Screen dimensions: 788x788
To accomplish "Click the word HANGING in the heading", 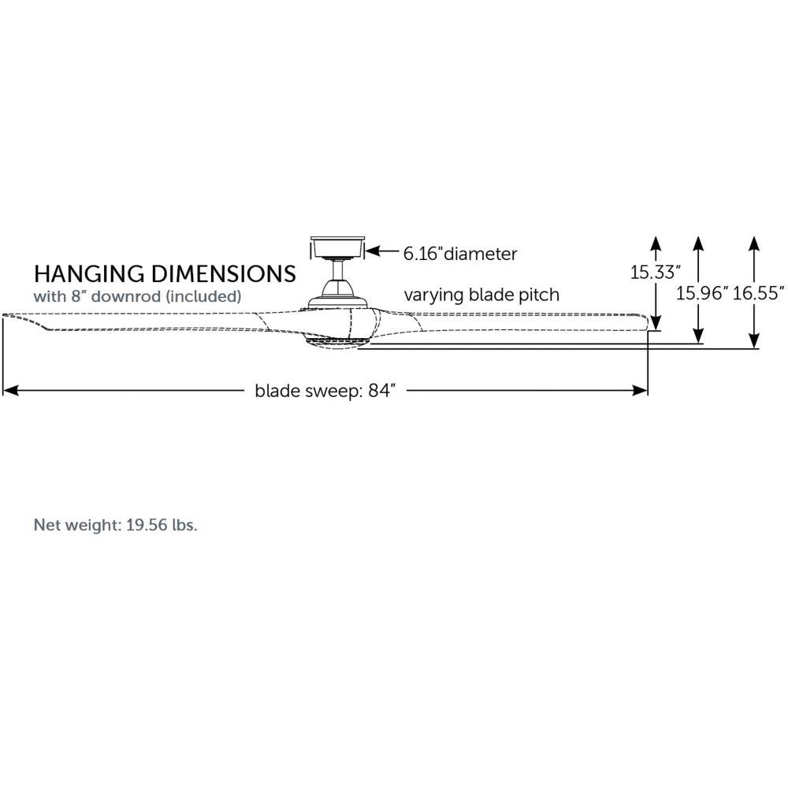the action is [90, 274].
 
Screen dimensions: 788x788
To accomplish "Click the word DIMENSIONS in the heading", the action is [224, 274].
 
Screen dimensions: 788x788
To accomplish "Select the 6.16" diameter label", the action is [460, 254].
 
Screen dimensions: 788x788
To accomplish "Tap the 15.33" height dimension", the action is [656, 273].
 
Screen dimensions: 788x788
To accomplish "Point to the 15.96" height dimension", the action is [702, 293].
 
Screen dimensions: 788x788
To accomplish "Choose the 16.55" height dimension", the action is [758, 293].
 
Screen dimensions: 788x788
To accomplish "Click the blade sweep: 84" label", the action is [325, 391].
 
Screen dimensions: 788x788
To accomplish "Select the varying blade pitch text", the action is [481, 295].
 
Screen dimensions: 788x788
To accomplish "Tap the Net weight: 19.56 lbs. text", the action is [115, 525].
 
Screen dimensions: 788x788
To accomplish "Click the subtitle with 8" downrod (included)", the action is [137, 296].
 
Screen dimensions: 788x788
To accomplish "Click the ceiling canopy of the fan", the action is [337, 247].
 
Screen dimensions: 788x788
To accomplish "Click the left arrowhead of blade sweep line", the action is [11, 391].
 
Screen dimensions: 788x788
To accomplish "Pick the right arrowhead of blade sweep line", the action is [639, 391].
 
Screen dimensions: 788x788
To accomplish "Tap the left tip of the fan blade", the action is [3, 316].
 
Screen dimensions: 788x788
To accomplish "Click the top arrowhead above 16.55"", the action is [753, 243].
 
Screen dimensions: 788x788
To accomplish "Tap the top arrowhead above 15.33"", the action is [656, 243].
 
